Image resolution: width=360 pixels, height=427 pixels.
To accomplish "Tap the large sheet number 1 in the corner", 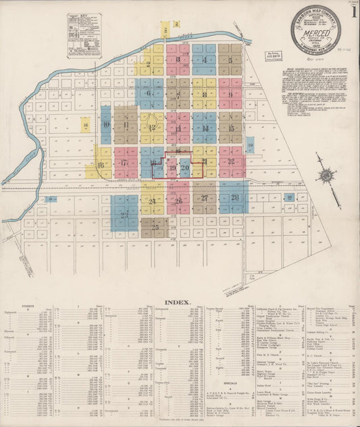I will (x=353, y=14).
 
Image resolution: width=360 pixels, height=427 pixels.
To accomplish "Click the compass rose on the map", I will (x=327, y=176).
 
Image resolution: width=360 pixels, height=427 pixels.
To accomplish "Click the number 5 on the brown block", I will (x=230, y=60).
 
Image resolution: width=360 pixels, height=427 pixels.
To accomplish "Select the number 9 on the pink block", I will (x=230, y=95).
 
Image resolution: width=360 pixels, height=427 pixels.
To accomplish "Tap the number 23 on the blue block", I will (x=124, y=215).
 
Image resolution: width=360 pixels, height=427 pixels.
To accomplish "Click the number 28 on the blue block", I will (x=234, y=197).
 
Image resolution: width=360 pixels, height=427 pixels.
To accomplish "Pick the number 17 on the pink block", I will (x=124, y=163).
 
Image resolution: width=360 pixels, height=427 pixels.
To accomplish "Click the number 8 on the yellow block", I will (x=204, y=95).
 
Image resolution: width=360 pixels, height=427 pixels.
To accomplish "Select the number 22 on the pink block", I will (x=231, y=161).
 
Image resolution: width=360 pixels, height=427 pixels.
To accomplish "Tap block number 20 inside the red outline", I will (x=184, y=167).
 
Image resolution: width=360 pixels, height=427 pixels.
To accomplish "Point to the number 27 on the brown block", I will (x=204, y=198).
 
